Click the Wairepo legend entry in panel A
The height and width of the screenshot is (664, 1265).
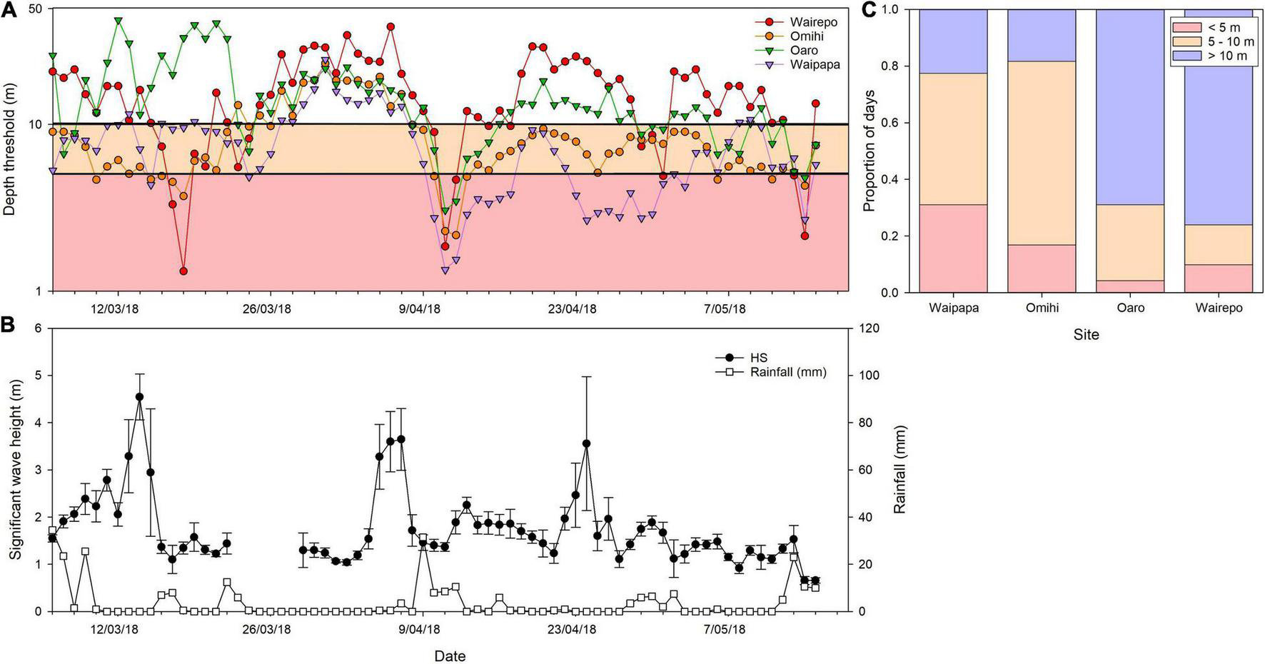(813, 22)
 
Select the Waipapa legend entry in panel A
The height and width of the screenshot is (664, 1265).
(815, 64)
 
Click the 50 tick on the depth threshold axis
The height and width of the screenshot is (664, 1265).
(35, 9)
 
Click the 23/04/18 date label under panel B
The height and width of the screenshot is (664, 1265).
(572, 629)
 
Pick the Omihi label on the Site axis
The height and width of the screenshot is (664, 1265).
(1042, 308)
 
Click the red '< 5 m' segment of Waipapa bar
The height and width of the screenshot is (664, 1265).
(953, 248)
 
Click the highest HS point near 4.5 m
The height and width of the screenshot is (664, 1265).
(139, 397)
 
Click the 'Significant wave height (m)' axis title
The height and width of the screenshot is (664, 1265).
(15, 469)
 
